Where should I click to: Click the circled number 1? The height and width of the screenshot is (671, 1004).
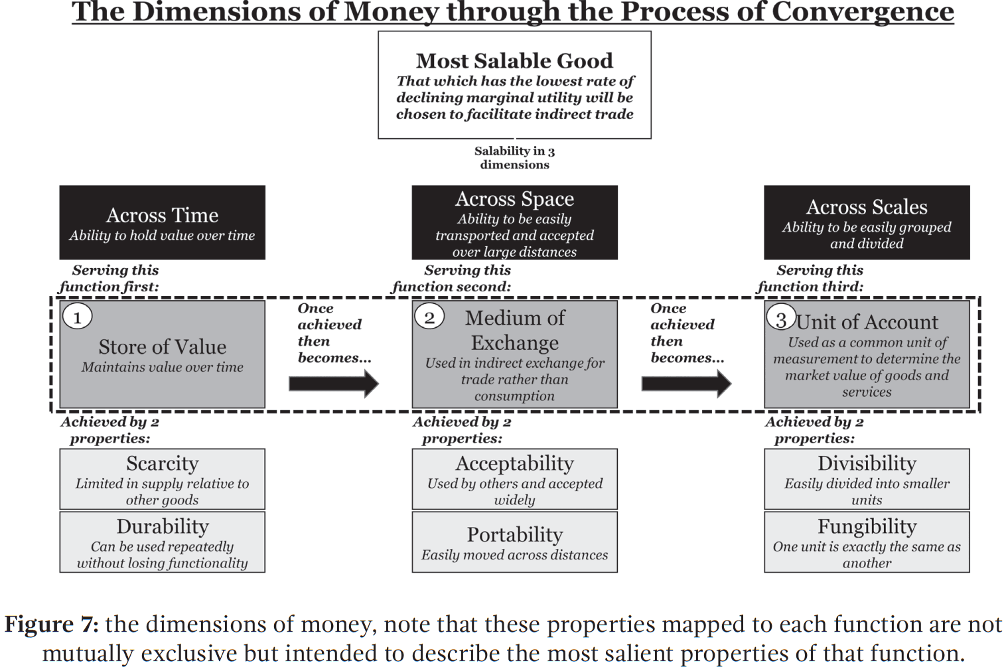click(77, 317)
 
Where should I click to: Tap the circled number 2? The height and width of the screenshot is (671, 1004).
click(429, 317)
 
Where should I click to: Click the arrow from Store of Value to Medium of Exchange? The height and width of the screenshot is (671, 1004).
click(334, 384)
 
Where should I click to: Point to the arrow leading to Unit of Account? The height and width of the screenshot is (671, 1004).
click(686, 384)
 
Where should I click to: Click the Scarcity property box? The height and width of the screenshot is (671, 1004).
click(163, 479)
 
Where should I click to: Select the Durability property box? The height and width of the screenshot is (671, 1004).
click(163, 542)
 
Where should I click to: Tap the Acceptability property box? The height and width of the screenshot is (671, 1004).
click(514, 479)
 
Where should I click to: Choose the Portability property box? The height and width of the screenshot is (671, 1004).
click(514, 542)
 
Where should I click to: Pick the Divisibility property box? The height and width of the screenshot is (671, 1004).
click(867, 479)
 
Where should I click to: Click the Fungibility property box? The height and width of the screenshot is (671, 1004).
click(867, 542)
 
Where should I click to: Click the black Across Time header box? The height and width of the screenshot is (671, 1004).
click(163, 222)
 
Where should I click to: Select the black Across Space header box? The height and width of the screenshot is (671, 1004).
click(514, 222)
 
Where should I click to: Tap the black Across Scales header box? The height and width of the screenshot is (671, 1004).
click(867, 222)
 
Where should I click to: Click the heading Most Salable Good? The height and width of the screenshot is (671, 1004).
click(514, 61)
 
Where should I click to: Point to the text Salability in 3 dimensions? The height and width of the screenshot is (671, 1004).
click(514, 158)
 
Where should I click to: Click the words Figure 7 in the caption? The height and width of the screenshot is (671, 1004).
click(52, 624)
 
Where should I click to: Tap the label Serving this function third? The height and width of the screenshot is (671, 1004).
click(810, 278)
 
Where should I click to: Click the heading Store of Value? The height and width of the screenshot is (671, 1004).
click(163, 346)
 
